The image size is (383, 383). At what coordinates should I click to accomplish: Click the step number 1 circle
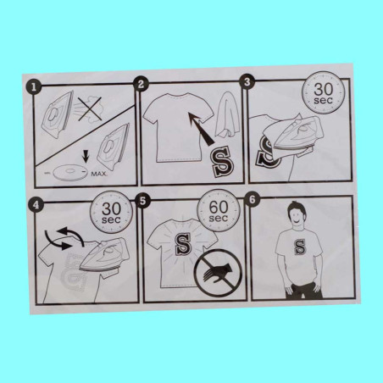34,87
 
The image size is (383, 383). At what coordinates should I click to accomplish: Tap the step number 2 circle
141,84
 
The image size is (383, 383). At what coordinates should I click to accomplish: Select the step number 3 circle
247,82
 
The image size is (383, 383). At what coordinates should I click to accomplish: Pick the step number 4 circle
36,205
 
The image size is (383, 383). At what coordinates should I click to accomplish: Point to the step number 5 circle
143,201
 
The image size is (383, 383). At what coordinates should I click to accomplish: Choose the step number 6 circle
253,199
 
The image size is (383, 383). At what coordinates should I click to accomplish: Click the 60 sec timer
219,211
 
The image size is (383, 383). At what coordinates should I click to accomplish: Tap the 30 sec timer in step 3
324,92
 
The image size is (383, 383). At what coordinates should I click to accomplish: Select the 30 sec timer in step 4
111,213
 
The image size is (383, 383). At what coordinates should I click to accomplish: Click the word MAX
98,174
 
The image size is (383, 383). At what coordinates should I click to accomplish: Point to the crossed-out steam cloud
90,109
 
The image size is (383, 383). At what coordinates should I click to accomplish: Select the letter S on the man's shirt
300,247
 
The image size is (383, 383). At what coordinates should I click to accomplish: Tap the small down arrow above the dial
86,156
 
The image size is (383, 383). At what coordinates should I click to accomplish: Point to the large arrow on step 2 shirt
203,129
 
